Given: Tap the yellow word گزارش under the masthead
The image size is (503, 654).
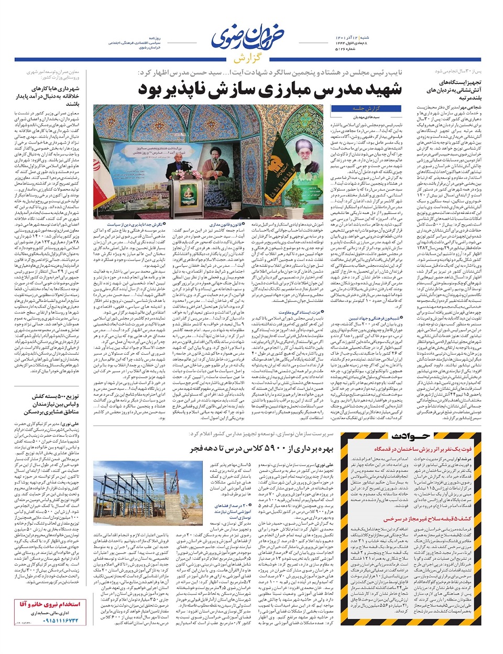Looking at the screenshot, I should tap(251, 56).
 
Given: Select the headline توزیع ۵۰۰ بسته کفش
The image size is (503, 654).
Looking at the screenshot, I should tap(49, 411).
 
